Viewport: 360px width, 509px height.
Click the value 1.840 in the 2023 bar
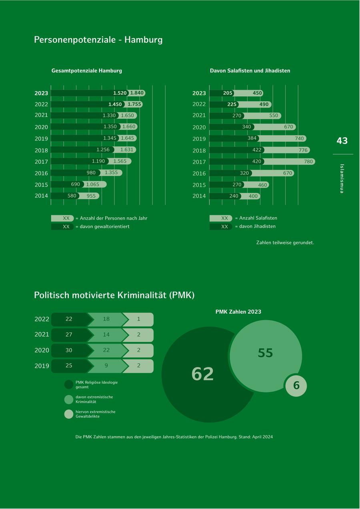pyautogui.click(x=137, y=93)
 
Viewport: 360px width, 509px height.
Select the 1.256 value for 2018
pyautogui.click(x=103, y=150)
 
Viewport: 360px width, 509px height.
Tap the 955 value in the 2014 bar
pyautogui.click(x=91, y=196)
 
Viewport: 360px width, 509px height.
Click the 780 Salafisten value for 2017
pyautogui.click(x=308, y=162)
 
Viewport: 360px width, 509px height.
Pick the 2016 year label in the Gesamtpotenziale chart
pyautogui.click(x=41, y=173)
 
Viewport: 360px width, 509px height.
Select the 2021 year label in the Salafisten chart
pyautogui.click(x=199, y=115)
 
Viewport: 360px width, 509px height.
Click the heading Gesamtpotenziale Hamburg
pyautogui.click(x=87, y=70)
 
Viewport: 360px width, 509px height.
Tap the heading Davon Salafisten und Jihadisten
pyautogui.click(x=250, y=70)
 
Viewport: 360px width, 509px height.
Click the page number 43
pyautogui.click(x=342, y=141)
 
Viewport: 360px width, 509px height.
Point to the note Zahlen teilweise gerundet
pyautogui.click(x=285, y=242)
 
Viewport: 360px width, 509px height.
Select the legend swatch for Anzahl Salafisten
pyautogui.click(x=221, y=218)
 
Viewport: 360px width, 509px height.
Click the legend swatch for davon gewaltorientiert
pyautogui.click(x=62, y=226)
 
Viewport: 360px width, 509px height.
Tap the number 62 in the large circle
pyautogui.click(x=203, y=374)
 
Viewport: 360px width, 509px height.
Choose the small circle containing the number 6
pyautogui.click(x=296, y=385)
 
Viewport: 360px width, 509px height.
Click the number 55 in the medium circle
pyautogui.click(x=265, y=353)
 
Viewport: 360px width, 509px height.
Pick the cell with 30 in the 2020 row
pyautogui.click(x=69, y=350)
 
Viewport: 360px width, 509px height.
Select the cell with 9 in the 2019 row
pyautogui.click(x=106, y=365)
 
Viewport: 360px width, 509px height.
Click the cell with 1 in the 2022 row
pyautogui.click(x=138, y=319)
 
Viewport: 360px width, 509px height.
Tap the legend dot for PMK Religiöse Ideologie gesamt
pyautogui.click(x=69, y=385)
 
